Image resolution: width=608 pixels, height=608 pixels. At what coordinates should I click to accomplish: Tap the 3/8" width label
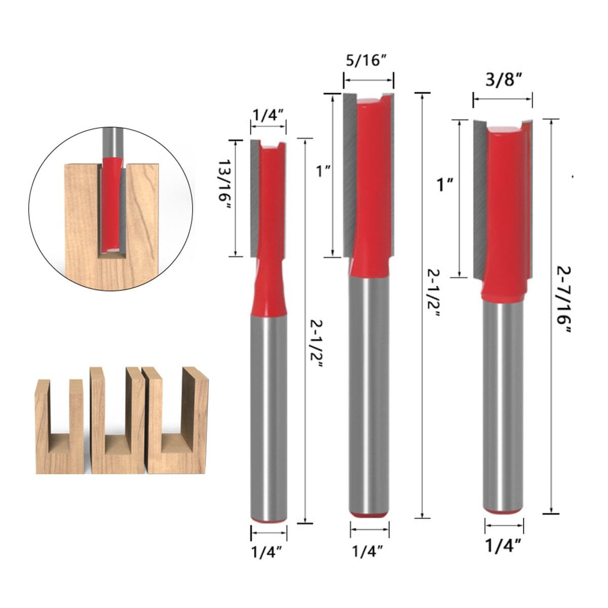(503, 80)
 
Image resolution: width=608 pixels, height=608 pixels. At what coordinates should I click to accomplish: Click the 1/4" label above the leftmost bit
(268, 116)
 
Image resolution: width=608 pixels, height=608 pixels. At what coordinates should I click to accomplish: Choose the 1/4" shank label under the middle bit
(369, 548)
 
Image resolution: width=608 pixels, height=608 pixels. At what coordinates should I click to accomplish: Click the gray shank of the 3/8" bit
(503, 405)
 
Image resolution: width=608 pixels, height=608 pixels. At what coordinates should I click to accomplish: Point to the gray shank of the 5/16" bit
(369, 395)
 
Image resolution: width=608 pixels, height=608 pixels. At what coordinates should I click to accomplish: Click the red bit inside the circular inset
(111, 203)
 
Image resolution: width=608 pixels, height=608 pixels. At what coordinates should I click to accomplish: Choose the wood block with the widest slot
(177, 421)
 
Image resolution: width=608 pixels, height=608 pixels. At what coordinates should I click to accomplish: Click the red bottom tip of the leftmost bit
(269, 520)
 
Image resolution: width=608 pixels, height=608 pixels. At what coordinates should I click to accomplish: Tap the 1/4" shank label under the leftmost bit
(269, 549)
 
